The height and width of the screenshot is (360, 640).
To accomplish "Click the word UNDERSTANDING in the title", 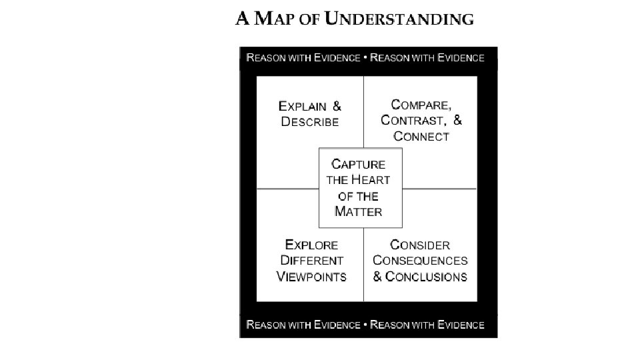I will [399, 19].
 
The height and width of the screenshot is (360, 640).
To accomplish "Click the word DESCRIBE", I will [310, 122].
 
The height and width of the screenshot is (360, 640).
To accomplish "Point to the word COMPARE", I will [421, 105].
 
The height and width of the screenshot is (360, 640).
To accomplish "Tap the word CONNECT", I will [421, 137].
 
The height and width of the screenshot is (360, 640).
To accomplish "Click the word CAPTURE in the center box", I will [359, 164].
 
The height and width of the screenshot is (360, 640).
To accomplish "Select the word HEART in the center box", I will [371, 180].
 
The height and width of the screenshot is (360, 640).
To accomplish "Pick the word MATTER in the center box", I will [359, 212].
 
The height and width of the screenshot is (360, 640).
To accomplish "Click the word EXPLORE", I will [311, 245].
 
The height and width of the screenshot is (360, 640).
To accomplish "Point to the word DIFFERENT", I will [311, 261].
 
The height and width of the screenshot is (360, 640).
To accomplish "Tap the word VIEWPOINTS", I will [311, 277].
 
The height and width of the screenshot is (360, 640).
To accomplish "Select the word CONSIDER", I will [420, 245].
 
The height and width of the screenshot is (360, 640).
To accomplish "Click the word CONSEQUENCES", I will [420, 261].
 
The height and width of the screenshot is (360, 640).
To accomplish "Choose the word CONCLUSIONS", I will [427, 277].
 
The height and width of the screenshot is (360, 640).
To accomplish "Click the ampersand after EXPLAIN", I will [337, 106].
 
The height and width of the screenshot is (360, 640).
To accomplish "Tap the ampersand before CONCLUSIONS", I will [378, 277].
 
